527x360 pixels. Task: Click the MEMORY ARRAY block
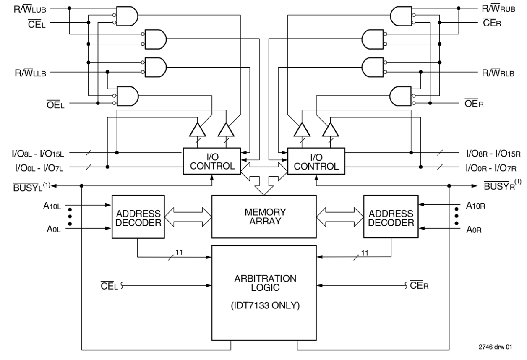(x=264, y=217)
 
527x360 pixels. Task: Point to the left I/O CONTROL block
(x=212, y=161)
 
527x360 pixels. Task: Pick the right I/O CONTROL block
(x=316, y=161)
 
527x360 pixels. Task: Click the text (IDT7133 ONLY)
(x=264, y=306)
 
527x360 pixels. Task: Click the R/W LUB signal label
(x=30, y=8)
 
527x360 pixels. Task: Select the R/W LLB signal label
(x=30, y=73)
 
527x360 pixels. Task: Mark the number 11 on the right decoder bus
(x=365, y=253)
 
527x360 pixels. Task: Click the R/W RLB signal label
(x=498, y=73)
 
